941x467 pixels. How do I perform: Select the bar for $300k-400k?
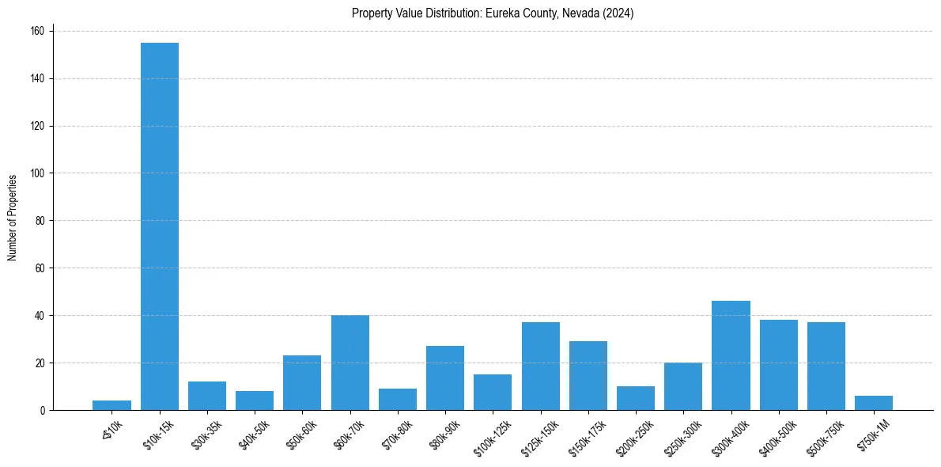[731, 355]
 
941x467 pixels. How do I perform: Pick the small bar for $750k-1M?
[874, 403]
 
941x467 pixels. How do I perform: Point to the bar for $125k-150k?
[541, 366]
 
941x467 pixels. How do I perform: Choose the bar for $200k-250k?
[636, 398]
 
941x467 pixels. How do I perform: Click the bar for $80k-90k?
[445, 378]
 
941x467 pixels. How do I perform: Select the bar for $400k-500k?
[779, 365]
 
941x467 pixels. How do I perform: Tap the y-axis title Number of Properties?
[13, 218]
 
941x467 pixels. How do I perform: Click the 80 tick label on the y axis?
[40, 221]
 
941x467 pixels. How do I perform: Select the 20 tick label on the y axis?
[40, 363]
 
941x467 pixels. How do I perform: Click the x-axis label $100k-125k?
[489, 434]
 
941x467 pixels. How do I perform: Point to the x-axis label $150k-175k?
[584, 434]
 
